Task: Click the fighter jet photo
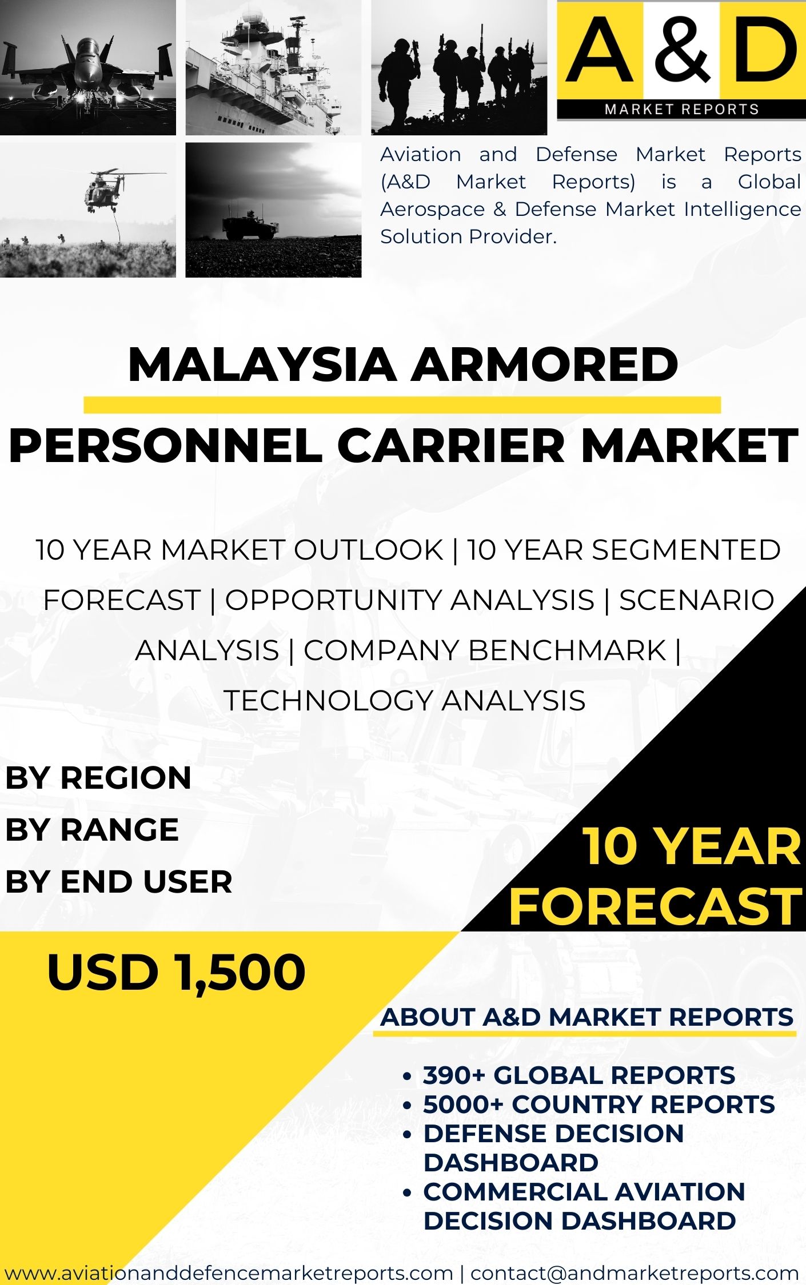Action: click(x=87, y=67)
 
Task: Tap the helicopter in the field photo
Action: click(x=87, y=210)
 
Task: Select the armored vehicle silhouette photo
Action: click(x=273, y=210)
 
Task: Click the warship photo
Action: click(x=273, y=67)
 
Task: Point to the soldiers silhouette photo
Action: click(x=459, y=67)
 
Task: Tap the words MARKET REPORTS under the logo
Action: click(x=681, y=109)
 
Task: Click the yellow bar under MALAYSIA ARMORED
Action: click(x=402, y=405)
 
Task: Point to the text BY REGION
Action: click(x=98, y=778)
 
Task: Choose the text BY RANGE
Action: click(x=92, y=830)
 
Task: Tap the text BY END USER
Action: click(x=119, y=882)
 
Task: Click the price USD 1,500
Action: click(x=176, y=972)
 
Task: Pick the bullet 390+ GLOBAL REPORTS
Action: click(x=578, y=1075)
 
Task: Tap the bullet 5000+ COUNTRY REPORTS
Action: click(x=598, y=1105)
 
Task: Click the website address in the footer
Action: click(x=229, y=1272)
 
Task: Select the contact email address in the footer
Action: click(x=635, y=1272)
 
